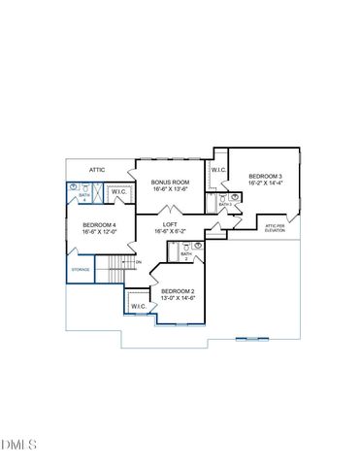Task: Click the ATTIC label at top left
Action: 97,170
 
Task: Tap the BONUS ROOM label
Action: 171,182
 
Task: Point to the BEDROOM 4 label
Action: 100,224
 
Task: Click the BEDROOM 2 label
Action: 179,291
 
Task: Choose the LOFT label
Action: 171,224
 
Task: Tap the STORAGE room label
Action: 81,270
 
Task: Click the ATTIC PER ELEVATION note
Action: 276,228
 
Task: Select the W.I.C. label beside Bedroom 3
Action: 218,170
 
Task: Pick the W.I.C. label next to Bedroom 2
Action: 138,306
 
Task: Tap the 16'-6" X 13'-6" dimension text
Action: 171,189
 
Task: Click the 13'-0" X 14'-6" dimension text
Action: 179,298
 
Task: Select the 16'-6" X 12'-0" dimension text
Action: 100,231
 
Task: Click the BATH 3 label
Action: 224,204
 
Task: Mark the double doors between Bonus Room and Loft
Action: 171,209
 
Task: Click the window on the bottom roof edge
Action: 250,338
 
